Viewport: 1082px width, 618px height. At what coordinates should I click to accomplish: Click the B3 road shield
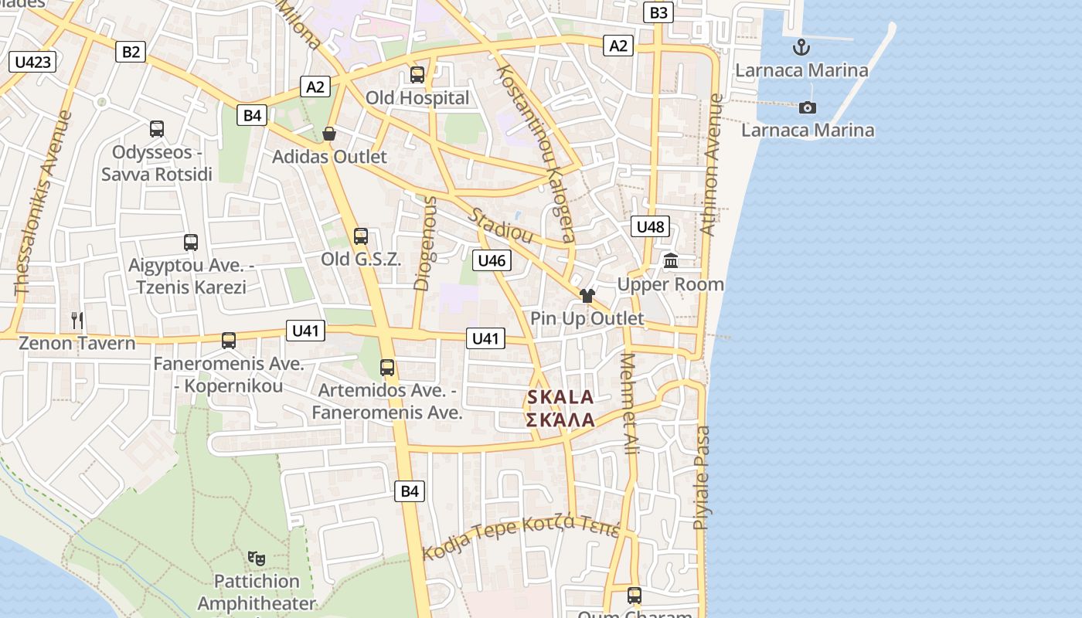pyautogui.click(x=658, y=12)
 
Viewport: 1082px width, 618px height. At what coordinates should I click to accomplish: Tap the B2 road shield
pyautogui.click(x=131, y=52)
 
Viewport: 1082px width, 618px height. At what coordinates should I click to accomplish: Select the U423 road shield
pyautogui.click(x=33, y=62)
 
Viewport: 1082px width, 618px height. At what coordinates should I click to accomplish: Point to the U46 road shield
pyautogui.click(x=492, y=260)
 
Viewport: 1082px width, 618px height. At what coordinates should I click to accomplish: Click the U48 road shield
pyautogui.click(x=650, y=226)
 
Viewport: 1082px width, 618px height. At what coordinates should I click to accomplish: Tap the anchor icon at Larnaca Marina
pyautogui.click(x=801, y=47)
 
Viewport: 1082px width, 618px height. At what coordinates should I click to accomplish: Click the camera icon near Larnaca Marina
pyautogui.click(x=808, y=107)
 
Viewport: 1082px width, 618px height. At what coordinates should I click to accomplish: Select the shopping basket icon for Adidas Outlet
pyautogui.click(x=329, y=134)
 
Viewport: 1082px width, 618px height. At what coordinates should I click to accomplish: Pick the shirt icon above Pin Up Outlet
pyautogui.click(x=587, y=296)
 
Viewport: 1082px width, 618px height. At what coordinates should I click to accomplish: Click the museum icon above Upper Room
pyautogui.click(x=671, y=261)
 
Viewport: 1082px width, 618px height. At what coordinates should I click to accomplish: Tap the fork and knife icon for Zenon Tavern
pyautogui.click(x=77, y=320)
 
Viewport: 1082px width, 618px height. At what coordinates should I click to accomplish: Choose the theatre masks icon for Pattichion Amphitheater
pyautogui.click(x=257, y=558)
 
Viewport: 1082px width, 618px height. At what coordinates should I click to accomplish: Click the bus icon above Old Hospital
pyautogui.click(x=417, y=75)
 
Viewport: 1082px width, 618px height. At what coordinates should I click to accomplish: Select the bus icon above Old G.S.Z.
pyautogui.click(x=361, y=236)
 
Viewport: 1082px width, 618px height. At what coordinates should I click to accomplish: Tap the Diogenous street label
pyautogui.click(x=426, y=243)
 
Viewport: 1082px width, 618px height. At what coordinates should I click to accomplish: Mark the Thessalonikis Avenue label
pyautogui.click(x=43, y=203)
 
